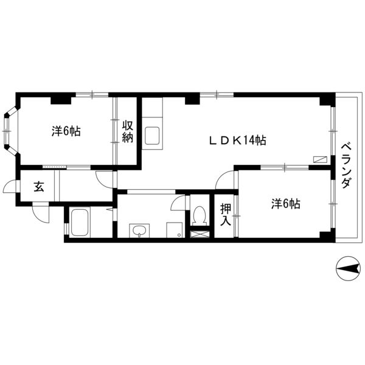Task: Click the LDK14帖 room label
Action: coord(237,141)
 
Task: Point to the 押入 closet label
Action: coord(226,214)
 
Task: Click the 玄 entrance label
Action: coord(39,187)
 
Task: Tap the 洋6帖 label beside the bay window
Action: coord(66,131)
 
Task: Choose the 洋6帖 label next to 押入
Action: coord(286,204)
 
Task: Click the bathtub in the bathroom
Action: coord(80,223)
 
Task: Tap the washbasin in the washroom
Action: coord(139,231)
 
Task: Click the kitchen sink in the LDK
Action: coord(152,136)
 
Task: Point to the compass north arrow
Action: coord(348,269)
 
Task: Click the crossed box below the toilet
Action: coord(200,234)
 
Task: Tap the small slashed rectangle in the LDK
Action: coord(320,159)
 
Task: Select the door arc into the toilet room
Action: coord(178,203)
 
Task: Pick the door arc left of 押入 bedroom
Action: coord(223,179)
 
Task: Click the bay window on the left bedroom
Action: coord(11,131)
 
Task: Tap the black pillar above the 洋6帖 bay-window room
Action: coord(61,100)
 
